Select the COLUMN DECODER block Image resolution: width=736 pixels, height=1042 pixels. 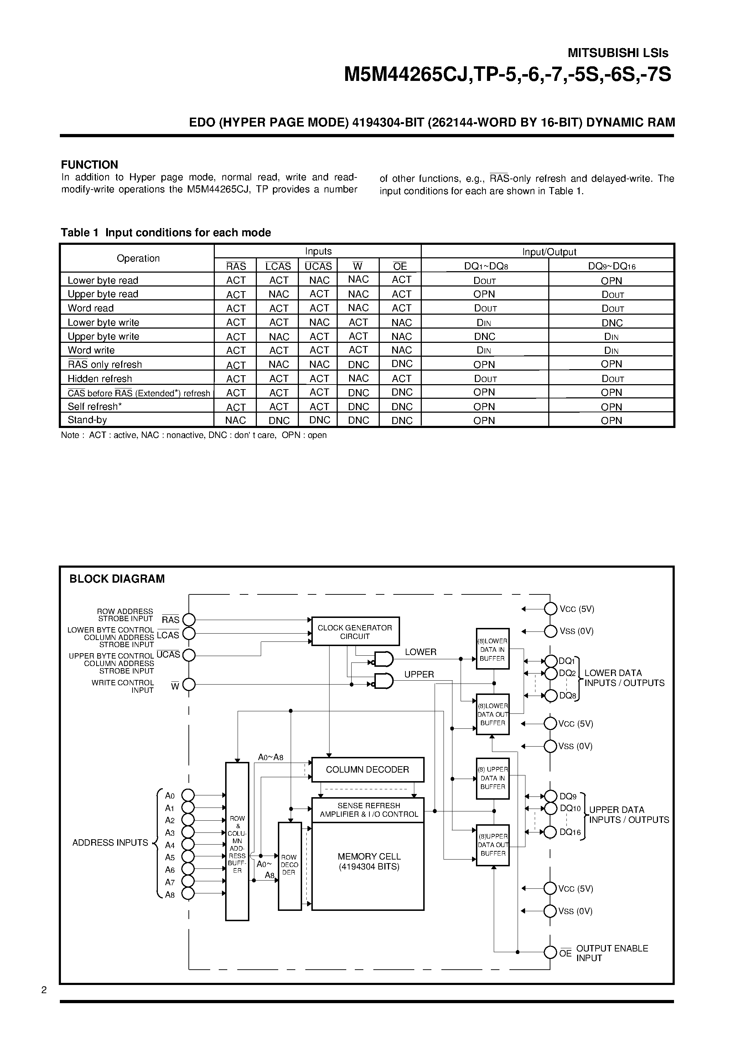[368, 770]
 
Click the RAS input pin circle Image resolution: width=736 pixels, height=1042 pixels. [189, 619]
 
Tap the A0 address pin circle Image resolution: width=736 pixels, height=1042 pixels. [188, 795]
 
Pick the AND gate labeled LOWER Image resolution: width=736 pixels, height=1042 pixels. [383, 659]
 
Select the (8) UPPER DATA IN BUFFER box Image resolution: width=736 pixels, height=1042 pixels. [492, 778]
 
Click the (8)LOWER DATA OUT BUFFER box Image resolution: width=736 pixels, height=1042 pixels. [492, 715]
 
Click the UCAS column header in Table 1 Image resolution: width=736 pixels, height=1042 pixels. [318, 266]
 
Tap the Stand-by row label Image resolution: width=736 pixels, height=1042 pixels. [87, 420]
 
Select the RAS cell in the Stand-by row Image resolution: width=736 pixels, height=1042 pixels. [235, 420]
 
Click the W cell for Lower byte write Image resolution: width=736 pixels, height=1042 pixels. [358, 322]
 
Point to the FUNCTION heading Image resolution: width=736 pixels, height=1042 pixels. [89, 165]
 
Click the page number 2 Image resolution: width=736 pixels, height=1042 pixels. [44, 990]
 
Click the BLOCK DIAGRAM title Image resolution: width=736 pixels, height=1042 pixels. [116, 579]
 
